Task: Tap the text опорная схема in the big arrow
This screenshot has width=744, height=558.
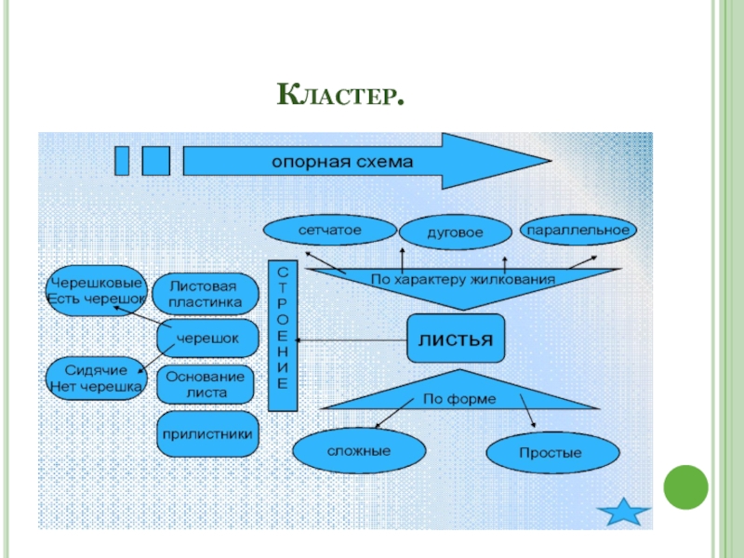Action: [x=339, y=161]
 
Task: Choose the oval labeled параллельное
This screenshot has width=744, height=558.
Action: [x=578, y=229]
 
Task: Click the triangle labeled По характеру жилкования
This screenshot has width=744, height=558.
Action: [x=462, y=280]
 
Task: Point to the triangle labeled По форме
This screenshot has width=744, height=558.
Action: [x=459, y=399]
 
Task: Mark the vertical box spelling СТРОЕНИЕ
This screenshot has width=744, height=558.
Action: [x=283, y=335]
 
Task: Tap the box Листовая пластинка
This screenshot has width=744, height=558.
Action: [x=206, y=294]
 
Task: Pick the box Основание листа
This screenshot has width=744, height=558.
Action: [x=206, y=383]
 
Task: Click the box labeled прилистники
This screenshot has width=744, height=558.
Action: [x=206, y=432]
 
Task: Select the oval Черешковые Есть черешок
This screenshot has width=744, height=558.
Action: [x=96, y=290]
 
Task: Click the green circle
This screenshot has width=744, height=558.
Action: [x=684, y=486]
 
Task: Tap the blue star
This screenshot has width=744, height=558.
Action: [x=623, y=511]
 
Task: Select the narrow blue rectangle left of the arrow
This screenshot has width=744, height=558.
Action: [x=122, y=160]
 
